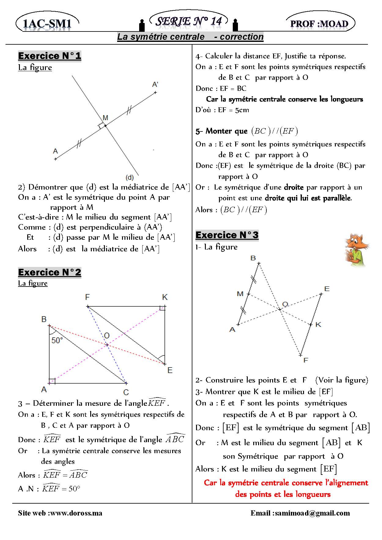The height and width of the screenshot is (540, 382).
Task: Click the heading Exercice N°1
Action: click(x=50, y=56)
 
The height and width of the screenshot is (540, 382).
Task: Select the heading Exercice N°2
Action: click(x=50, y=272)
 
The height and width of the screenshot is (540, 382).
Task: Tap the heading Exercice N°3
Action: click(x=227, y=235)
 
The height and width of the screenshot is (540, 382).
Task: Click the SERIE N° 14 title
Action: click(x=189, y=21)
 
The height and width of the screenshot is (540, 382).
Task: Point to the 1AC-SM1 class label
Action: click(x=47, y=24)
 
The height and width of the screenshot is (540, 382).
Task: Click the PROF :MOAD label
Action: click(x=319, y=24)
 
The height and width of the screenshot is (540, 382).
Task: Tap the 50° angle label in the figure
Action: click(x=57, y=340)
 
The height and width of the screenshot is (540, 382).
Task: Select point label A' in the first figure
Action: click(x=155, y=84)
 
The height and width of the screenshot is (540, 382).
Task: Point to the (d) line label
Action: click(x=130, y=177)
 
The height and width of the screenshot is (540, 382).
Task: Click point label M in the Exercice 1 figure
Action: click(x=105, y=118)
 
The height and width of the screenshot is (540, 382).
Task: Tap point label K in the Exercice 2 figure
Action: click(x=165, y=297)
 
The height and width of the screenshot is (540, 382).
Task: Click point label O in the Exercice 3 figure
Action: click(x=285, y=304)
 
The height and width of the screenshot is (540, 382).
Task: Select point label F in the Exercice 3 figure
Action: click(x=306, y=361)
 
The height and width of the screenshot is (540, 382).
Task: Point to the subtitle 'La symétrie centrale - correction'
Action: click(x=190, y=37)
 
